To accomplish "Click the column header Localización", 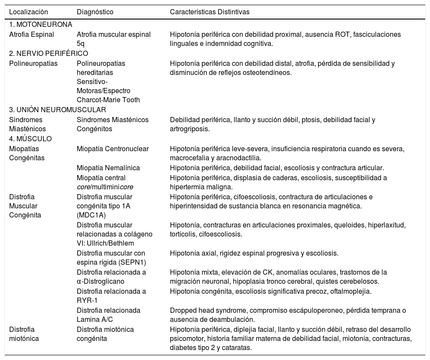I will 28,12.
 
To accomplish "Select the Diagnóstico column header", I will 95,12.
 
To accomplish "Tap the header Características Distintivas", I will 210,12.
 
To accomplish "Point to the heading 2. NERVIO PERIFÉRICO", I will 49,53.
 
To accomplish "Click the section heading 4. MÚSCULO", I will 30,139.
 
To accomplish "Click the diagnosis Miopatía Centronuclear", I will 113,149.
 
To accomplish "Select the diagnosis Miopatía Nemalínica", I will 108,168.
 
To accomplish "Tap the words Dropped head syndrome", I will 206,310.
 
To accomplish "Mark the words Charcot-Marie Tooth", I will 108,100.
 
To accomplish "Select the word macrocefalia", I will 190,158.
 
